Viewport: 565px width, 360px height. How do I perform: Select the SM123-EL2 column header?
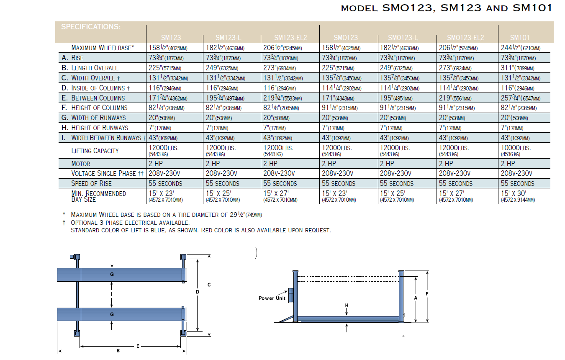tap(290, 38)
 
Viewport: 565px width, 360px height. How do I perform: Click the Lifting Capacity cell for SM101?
tap(516, 150)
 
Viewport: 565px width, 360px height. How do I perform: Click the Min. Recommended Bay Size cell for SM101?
tap(517, 196)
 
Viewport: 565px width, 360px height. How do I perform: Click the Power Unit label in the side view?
tap(272, 298)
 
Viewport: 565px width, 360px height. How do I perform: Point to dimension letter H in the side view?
tap(347, 306)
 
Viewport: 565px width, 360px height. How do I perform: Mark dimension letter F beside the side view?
tap(427, 294)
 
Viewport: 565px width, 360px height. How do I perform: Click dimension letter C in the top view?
tap(209, 285)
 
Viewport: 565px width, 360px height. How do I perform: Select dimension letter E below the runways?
tap(138, 346)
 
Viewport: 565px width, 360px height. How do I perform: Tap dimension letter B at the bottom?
tap(118, 351)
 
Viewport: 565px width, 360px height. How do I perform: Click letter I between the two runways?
tap(112, 294)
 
